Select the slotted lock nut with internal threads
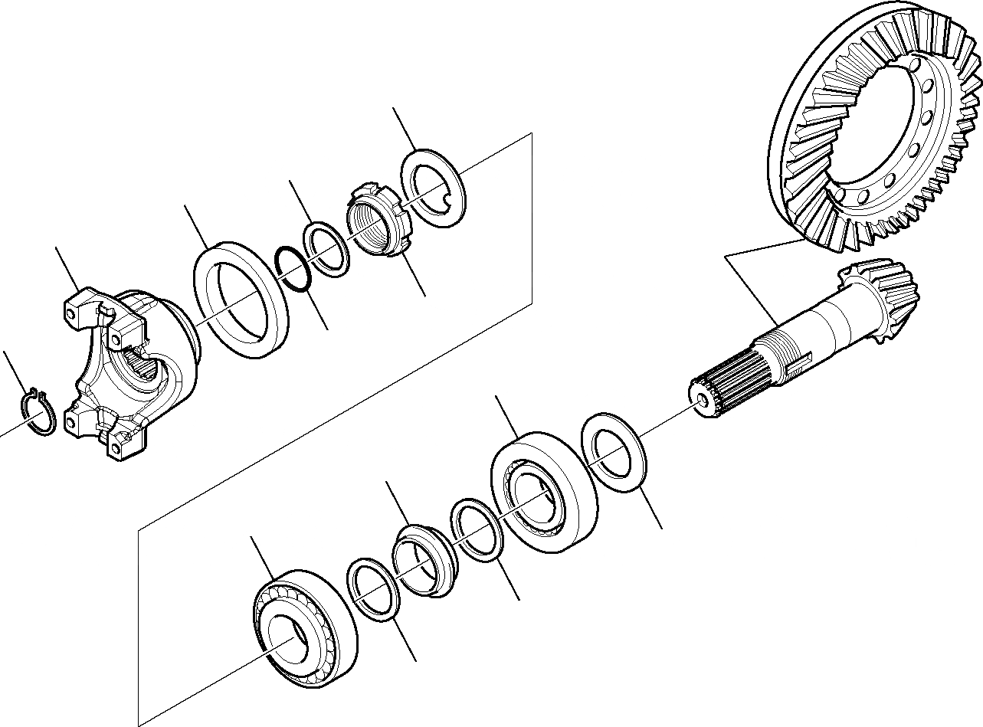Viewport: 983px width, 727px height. [379, 220]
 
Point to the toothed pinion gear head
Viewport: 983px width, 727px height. [885, 299]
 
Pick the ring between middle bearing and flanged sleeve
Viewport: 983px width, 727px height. [477, 529]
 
